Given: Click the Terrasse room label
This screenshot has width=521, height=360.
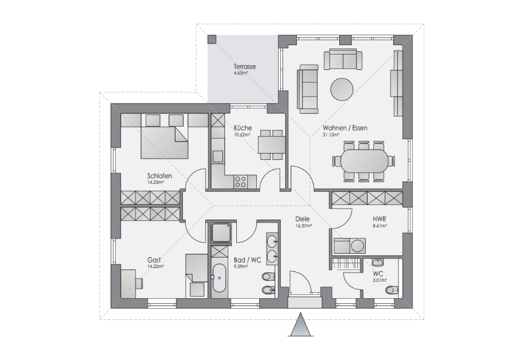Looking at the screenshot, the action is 245,67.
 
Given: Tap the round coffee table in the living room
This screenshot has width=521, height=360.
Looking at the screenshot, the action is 342,89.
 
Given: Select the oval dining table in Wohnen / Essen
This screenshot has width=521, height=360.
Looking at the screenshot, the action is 363,161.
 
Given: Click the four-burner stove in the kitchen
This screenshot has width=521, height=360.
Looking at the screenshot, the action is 241,182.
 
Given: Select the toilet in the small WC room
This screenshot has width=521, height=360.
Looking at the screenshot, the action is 392,290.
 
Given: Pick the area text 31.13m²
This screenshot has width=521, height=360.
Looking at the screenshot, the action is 330,135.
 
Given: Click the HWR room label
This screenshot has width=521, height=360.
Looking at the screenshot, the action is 379,219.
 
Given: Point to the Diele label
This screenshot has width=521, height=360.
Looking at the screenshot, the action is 302,219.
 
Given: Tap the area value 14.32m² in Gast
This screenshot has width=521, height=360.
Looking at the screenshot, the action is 155,266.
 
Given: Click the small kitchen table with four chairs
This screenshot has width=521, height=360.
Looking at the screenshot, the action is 271,145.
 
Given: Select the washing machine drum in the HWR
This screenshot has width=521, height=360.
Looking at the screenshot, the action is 358,246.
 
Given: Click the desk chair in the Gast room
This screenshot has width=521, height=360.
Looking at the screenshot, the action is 139,282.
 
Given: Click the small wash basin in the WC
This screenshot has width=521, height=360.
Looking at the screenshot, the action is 378,263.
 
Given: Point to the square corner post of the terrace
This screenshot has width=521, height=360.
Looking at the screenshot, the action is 211,39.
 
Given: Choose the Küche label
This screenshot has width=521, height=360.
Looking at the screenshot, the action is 242,128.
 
